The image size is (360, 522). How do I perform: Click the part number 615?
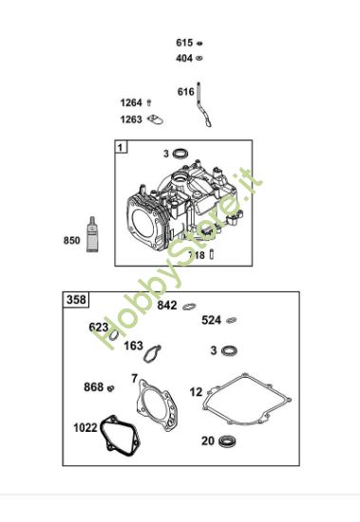point(184,43)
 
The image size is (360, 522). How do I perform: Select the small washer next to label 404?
point(201,58)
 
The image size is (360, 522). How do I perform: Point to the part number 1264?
point(131,103)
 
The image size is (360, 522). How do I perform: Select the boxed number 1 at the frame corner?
point(122,147)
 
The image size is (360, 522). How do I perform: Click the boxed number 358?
point(77,300)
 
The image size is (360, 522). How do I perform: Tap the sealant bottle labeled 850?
point(92,235)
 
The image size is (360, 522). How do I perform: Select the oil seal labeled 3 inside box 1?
point(183,153)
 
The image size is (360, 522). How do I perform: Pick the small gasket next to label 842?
point(189,306)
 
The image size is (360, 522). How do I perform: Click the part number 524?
point(211,320)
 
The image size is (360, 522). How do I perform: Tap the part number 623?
point(99,326)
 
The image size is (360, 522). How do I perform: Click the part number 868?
point(93,386)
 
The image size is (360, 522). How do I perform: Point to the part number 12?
point(196,391)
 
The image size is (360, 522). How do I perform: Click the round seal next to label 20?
point(227,440)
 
